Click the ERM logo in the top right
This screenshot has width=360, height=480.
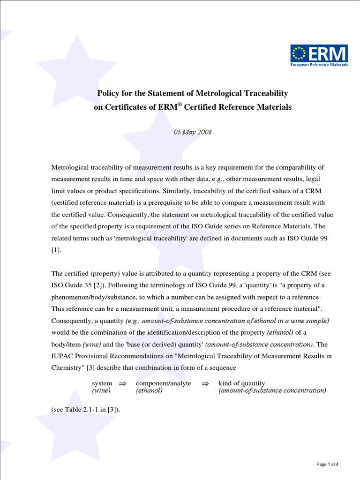(319, 56)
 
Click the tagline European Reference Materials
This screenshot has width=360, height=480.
(319, 65)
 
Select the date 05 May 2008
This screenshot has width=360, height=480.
(193, 132)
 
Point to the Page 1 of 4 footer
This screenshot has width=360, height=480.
(327, 464)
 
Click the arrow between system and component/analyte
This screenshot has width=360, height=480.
(123, 383)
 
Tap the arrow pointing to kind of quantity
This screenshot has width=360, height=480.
(205, 383)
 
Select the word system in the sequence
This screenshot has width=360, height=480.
(102, 383)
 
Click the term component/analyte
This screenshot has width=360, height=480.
(164, 383)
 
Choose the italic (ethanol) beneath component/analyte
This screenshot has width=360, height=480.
(149, 390)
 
